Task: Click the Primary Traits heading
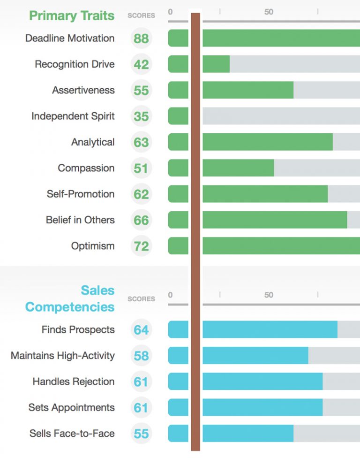click(x=72, y=15)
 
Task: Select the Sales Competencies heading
click(x=70, y=298)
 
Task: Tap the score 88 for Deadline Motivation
click(x=141, y=38)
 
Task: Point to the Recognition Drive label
click(x=75, y=64)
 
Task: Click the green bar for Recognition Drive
click(x=216, y=64)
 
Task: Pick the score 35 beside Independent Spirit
click(x=141, y=116)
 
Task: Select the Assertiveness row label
click(x=83, y=90)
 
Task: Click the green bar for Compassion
click(x=238, y=168)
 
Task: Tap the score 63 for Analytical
click(x=141, y=142)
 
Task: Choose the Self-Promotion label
click(x=81, y=194)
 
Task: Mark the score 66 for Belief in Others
click(x=141, y=220)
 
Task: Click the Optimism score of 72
click(x=141, y=246)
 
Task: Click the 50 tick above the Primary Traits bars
click(x=269, y=12)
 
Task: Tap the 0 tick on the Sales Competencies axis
click(x=170, y=295)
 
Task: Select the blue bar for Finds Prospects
click(x=270, y=330)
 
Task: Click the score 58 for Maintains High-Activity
click(x=141, y=356)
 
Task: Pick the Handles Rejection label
click(x=74, y=382)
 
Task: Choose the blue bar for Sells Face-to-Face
click(x=247, y=434)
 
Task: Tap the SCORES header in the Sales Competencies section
click(x=141, y=299)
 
